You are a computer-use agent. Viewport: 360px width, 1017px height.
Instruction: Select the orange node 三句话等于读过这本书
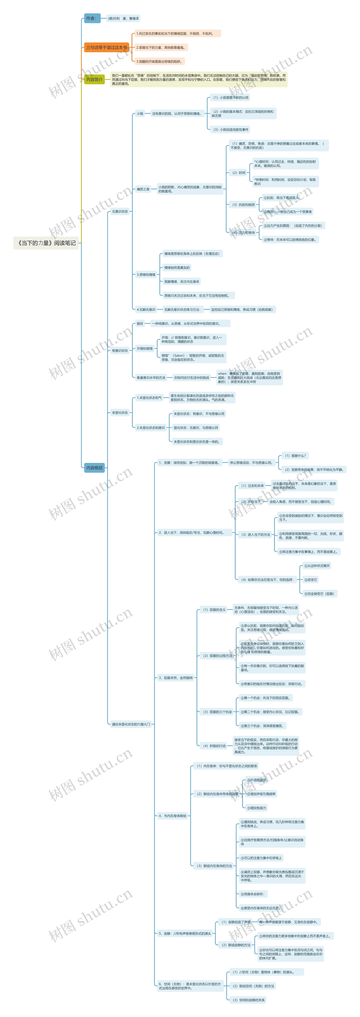[107, 47]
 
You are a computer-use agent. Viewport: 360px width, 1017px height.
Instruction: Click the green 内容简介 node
[94, 79]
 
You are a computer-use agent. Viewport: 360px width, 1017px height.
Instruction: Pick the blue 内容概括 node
[94, 468]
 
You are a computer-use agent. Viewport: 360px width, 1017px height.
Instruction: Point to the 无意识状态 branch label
[120, 212]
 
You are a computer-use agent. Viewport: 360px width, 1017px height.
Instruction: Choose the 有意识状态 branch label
[120, 351]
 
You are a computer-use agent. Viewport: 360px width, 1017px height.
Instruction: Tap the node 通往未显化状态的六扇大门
[131, 724]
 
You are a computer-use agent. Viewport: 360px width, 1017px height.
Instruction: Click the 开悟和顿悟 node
[144, 349]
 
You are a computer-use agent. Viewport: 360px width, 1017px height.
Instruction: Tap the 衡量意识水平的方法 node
[151, 378]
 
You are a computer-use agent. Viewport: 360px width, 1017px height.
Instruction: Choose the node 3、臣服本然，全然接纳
[176, 678]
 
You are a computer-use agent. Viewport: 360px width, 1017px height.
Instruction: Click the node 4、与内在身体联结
[173, 816]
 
